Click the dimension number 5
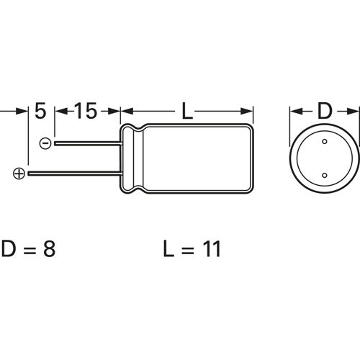(x=40, y=112)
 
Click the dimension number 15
(x=85, y=112)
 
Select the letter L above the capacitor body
(x=186, y=112)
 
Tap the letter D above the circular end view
(x=325, y=112)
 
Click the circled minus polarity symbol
(x=45, y=143)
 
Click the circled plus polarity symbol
(x=19, y=173)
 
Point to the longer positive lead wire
(x=72, y=173)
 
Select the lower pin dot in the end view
(x=325, y=175)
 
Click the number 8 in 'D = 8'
(x=48, y=250)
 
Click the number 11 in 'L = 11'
(x=209, y=250)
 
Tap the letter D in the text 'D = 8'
(x=9, y=250)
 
